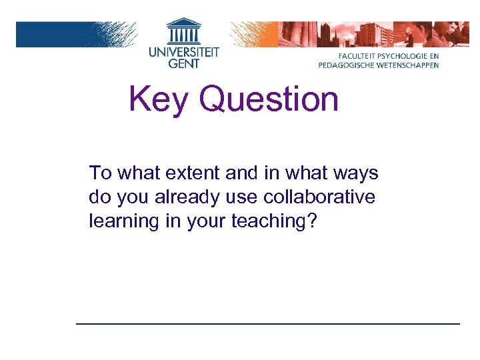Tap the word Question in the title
pyautogui.click(x=269, y=100)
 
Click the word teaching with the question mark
pyautogui.click(x=273, y=221)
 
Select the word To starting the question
pyautogui.click(x=100, y=174)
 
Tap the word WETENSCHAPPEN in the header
pyautogui.click(x=407, y=65)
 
